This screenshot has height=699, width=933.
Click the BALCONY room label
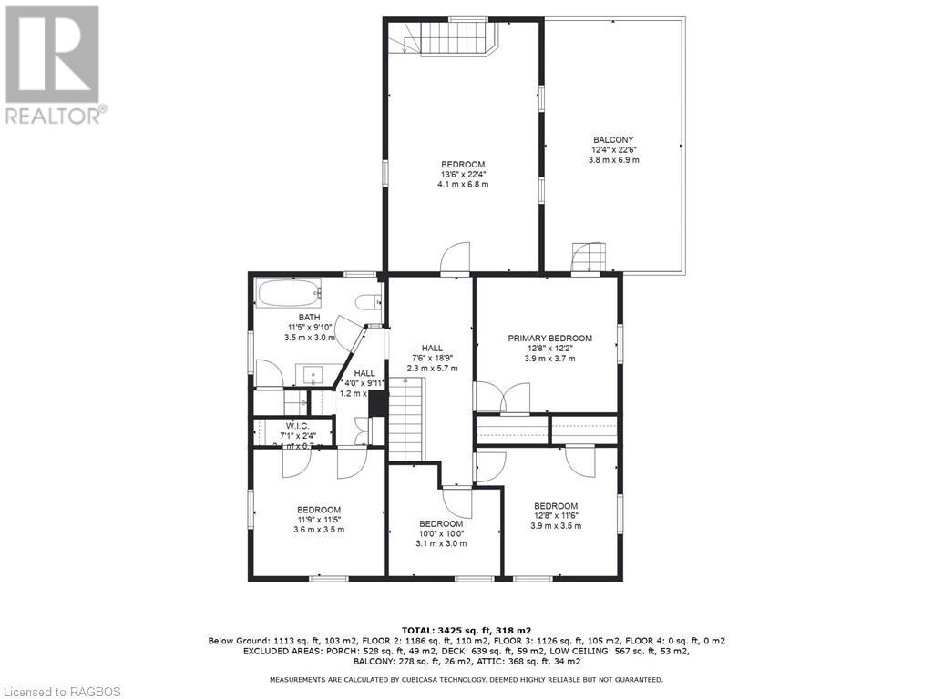click(613, 140)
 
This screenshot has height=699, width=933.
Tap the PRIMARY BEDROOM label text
click(549, 339)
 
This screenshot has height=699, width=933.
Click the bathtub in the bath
click(289, 293)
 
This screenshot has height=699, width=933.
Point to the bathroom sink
click(314, 374)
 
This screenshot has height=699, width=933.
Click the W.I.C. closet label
click(297, 426)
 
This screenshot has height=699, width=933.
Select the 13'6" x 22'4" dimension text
click(463, 175)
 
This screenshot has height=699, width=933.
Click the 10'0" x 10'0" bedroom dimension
click(441, 533)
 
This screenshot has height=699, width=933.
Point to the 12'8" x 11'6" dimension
click(556, 516)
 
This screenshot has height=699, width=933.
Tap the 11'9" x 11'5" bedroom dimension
click(319, 520)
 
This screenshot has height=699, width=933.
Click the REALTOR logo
click(54, 64)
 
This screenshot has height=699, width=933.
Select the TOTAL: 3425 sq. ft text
click(466, 629)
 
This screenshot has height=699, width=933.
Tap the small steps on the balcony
click(588, 258)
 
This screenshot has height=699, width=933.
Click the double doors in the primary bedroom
click(502, 399)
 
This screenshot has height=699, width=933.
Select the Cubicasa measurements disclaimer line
click(466, 679)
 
